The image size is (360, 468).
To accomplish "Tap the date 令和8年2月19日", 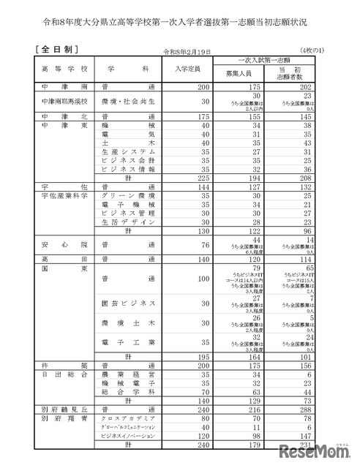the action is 190,52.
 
